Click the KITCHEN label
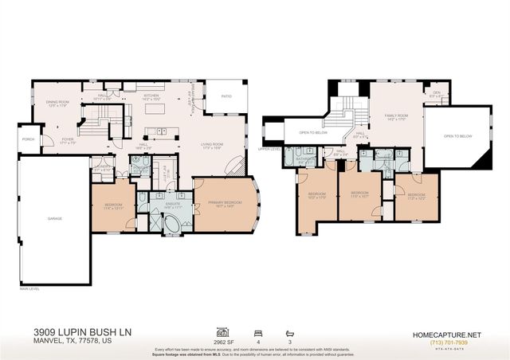click(151, 96)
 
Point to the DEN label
click(436, 92)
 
